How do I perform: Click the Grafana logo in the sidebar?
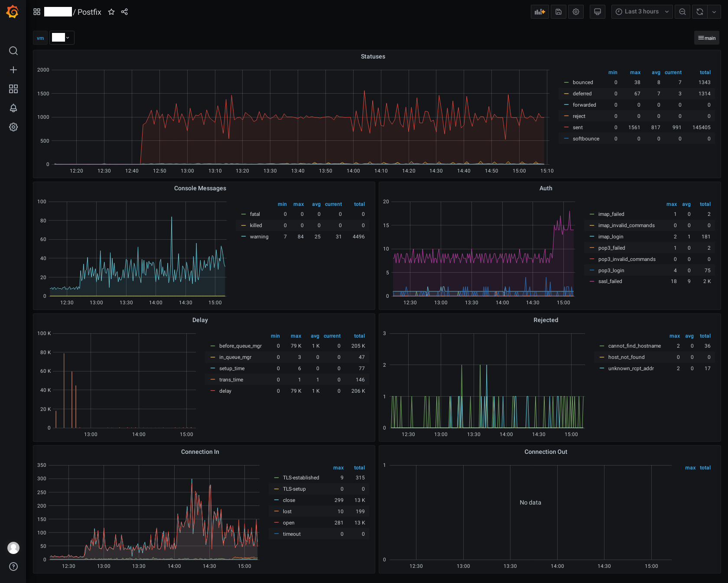point(13,12)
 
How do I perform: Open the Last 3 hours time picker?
point(642,12)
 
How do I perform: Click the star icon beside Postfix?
point(111,12)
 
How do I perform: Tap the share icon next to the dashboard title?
point(124,12)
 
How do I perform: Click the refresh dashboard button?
point(700,12)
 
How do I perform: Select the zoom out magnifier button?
point(682,12)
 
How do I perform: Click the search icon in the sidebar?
point(13,51)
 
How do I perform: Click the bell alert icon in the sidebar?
point(13,108)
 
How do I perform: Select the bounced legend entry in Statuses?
point(583,82)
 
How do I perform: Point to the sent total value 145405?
point(701,127)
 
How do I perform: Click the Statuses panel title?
point(373,56)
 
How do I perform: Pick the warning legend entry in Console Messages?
point(259,237)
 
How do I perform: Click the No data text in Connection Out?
point(530,502)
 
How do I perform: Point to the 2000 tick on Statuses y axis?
point(43,70)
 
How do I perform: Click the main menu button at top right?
point(707,38)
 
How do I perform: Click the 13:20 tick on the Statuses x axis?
point(242,171)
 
